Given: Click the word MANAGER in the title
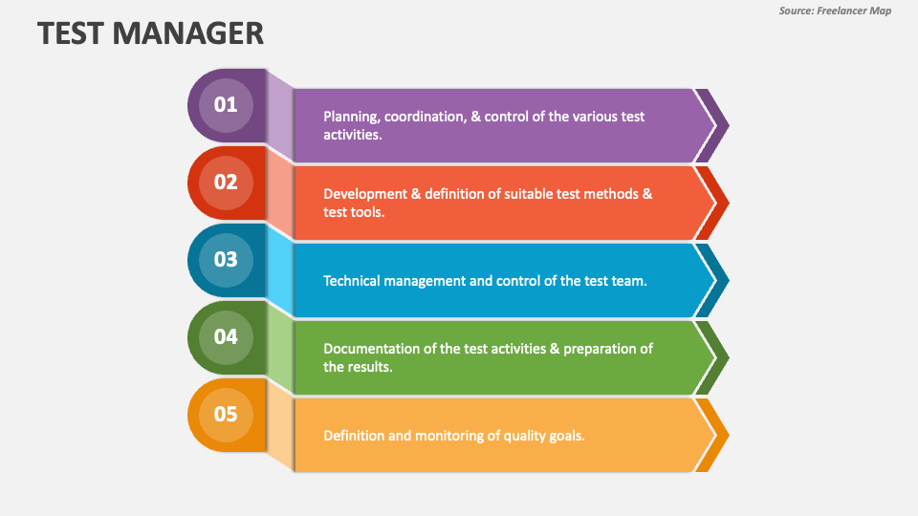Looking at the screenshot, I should pos(188,32).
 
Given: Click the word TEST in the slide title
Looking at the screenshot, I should pos(72,32).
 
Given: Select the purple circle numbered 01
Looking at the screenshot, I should pos(226,105).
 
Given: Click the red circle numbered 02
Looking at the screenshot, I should pos(226,182).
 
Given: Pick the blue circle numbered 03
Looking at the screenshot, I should pos(226,259).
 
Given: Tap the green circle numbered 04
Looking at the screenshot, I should pos(226,336).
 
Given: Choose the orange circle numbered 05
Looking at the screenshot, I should pos(226,414).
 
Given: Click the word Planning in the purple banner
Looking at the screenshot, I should pos(351,117).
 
